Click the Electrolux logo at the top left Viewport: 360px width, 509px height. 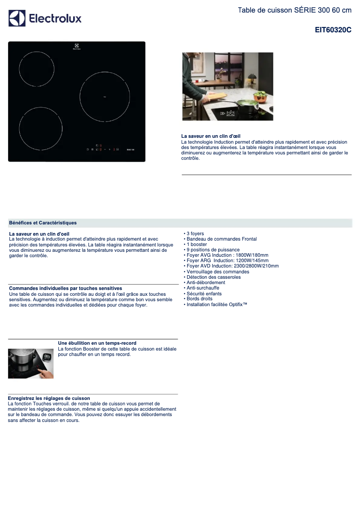(45, 18)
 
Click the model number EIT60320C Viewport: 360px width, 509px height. (333, 30)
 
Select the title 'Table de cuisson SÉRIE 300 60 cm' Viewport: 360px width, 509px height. (294, 10)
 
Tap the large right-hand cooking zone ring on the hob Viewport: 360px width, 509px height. (105, 97)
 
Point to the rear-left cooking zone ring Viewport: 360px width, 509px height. (36, 69)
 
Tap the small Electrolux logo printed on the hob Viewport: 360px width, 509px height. (76, 46)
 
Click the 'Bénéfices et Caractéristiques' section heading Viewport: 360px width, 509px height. (43, 223)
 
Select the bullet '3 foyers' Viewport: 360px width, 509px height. (195, 234)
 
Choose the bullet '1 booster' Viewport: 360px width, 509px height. (197, 245)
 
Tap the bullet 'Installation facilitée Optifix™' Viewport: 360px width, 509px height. (216, 305)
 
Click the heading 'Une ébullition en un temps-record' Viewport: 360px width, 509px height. (97, 343)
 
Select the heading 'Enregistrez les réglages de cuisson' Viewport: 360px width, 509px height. (49, 398)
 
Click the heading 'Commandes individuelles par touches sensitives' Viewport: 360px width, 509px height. (66, 288)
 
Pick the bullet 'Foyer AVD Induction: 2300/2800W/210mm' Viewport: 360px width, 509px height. (232, 266)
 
